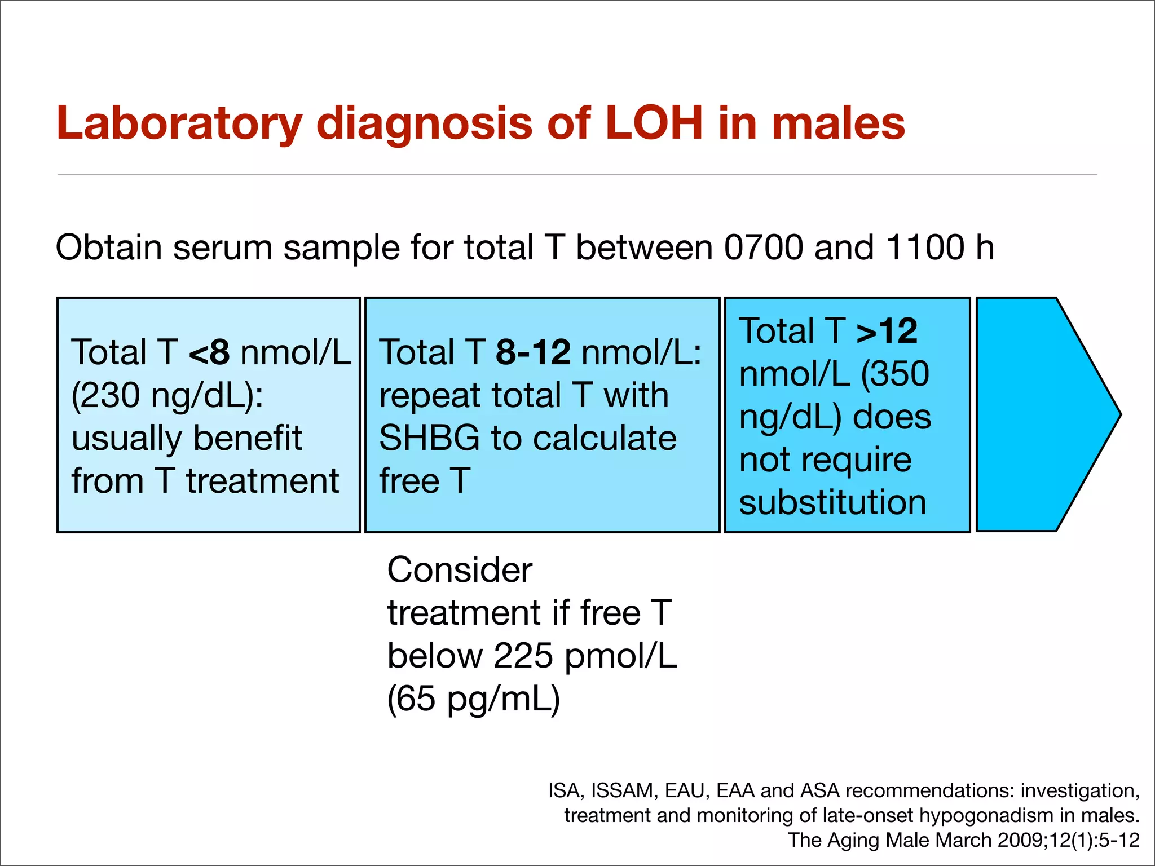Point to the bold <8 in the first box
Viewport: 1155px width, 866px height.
tap(209, 352)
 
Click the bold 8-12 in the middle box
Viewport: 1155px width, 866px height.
tap(533, 352)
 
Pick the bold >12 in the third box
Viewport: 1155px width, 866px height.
tap(887, 331)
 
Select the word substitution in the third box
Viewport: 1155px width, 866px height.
tap(832, 502)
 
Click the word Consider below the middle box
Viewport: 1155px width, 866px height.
tap(459, 570)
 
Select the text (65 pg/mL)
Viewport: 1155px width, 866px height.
tap(473, 699)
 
